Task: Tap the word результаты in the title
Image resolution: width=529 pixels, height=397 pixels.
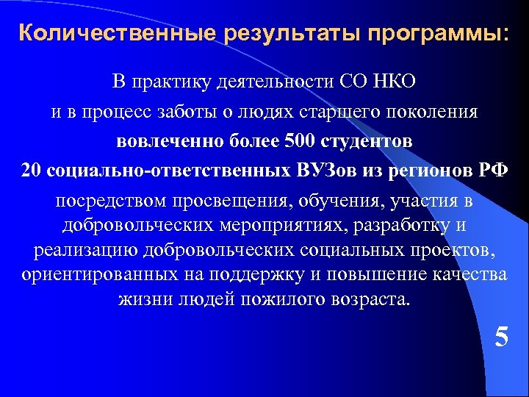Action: [267, 34]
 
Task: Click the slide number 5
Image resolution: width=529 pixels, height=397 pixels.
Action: [501, 337]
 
